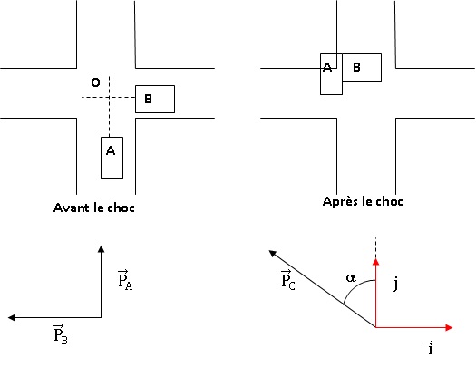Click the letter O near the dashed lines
[x=95, y=82]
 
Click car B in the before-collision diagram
[x=155, y=99]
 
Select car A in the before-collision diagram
[x=112, y=158]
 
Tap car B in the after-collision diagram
[x=362, y=67]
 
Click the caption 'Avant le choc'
[x=93, y=208]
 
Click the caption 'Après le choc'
[x=363, y=201]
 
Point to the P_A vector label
[x=125, y=280]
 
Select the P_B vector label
[x=61, y=334]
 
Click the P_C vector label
[x=287, y=280]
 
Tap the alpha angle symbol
[x=351, y=277]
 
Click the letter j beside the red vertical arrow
[x=395, y=285]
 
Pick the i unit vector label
[x=431, y=348]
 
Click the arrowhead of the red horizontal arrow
[x=449, y=327]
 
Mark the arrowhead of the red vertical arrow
[x=376, y=262]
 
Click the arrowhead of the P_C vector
[x=272, y=253]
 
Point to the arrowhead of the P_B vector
[x=12, y=317]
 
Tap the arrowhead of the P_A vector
[x=101, y=249]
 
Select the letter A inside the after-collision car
[x=327, y=67]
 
